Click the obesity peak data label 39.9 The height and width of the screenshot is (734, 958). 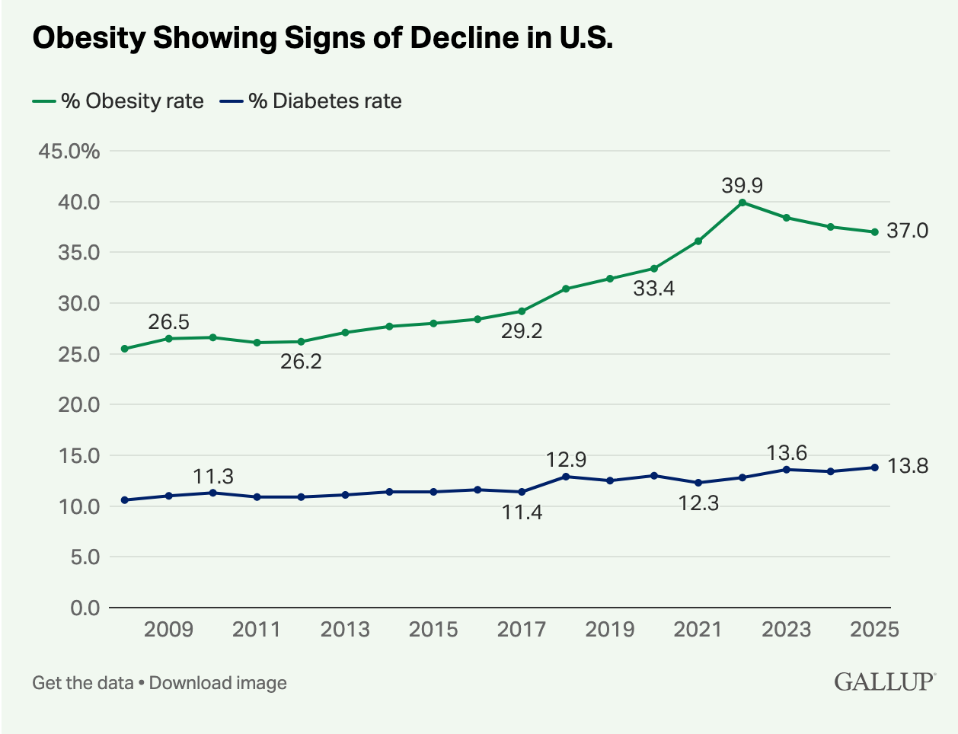click(742, 185)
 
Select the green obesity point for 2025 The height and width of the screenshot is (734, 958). click(875, 232)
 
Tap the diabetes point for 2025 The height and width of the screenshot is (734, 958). click(875, 468)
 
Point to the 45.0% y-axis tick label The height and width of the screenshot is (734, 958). click(69, 152)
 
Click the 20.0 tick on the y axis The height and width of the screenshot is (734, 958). click(79, 405)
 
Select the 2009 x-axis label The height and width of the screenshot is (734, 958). click(168, 630)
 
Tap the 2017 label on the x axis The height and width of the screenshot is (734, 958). click(522, 630)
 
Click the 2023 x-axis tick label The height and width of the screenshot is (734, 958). click(787, 630)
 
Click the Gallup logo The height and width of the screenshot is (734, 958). click(885, 681)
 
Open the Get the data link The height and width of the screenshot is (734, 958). click(83, 683)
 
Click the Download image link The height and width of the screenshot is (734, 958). click(218, 683)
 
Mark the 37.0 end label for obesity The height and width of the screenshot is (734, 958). click(908, 231)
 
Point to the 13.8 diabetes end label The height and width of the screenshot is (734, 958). click(908, 467)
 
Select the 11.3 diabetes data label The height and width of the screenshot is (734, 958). click(213, 477)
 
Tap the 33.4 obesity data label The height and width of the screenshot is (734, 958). click(654, 289)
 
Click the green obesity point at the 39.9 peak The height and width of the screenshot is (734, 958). click(742, 203)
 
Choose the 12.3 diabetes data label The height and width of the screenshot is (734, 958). click(698, 503)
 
